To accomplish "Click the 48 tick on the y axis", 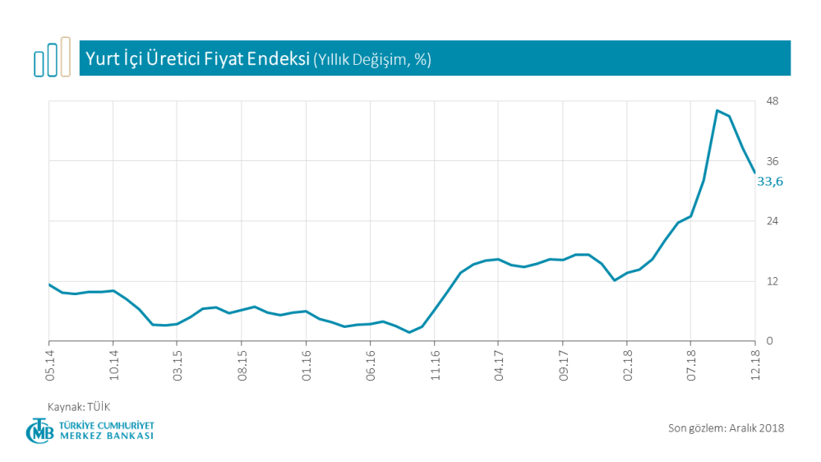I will pos(772,101).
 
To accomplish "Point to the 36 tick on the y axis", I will pos(772,161).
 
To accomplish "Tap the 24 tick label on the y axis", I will pos(772,221).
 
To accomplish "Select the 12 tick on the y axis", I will pos(772,281).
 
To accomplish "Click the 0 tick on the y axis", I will pos(769,341).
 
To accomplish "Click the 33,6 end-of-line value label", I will pos(770,182).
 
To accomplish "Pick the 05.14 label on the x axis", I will pos(49,364).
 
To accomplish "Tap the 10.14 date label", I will pos(113,364).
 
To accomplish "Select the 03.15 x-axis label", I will pos(178,364).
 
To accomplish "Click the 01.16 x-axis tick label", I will pos(306,364).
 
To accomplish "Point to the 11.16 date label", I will pos(434,364).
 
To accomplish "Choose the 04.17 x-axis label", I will pos(498,364).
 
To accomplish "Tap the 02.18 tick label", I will pos(626,364).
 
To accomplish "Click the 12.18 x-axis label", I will pos(755,364).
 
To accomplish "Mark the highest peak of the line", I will pos(717,110).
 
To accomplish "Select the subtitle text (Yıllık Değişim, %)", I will pos(372,59).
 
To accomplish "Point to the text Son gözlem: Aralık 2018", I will pos(726,427).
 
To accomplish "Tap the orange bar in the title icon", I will pos(66,56).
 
